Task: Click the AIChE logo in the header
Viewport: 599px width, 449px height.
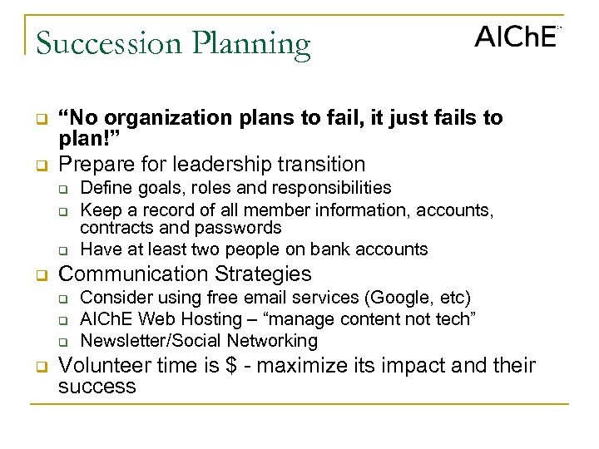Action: point(516,37)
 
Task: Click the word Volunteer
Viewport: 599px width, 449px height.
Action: point(102,365)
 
